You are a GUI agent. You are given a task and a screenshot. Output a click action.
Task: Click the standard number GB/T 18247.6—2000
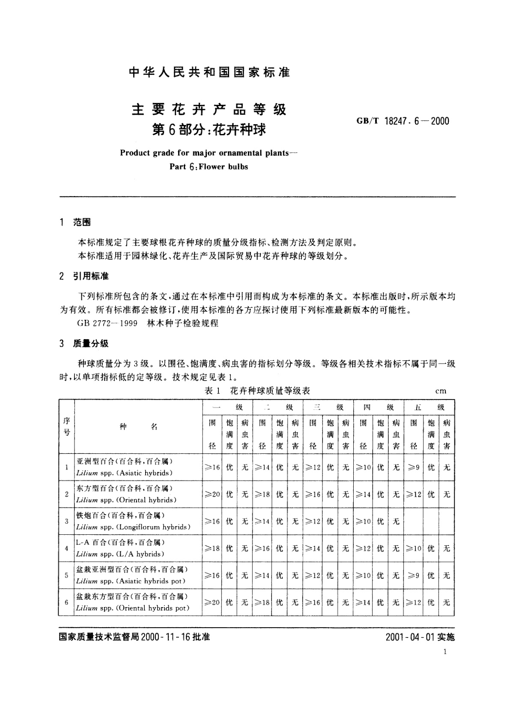[403, 121]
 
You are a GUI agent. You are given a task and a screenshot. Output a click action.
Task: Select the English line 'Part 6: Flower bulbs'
[209, 167]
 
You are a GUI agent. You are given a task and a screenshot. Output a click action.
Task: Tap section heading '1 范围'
[75, 222]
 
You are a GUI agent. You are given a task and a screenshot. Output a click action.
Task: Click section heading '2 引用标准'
[84, 277]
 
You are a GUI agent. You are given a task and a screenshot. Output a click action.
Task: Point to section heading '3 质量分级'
[84, 343]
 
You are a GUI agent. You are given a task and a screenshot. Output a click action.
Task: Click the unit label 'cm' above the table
[441, 390]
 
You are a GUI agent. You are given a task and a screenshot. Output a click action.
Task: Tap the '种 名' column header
[138, 426]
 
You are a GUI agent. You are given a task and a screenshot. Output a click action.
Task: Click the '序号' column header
[66, 426]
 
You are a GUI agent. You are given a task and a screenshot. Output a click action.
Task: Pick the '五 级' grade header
[429, 407]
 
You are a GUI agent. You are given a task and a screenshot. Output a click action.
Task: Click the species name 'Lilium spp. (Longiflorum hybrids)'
[133, 527]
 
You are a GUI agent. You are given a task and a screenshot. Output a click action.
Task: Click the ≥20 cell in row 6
[212, 602]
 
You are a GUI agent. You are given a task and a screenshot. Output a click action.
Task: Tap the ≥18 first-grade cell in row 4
[212, 548]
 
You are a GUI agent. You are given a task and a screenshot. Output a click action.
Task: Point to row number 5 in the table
[66, 575]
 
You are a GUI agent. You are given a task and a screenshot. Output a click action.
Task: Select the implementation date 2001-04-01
[410, 637]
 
